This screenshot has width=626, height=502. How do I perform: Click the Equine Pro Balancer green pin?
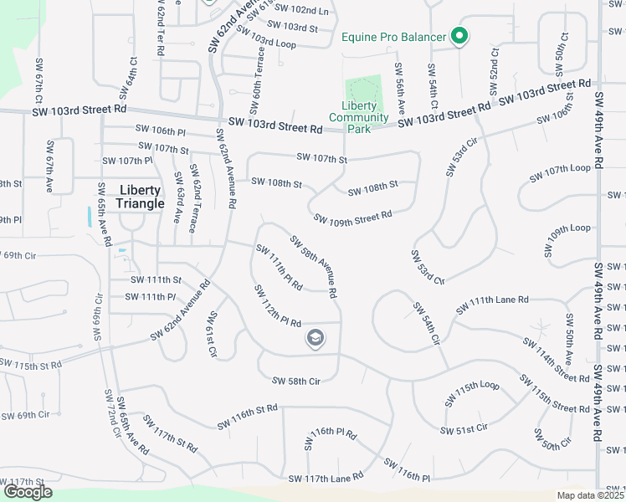coord(459,36)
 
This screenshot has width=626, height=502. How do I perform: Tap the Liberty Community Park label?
coord(365,112)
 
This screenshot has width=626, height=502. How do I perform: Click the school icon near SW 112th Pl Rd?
coord(316,338)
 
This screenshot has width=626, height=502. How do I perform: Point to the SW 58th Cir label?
coord(296,381)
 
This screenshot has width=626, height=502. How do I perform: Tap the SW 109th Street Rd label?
coord(353,218)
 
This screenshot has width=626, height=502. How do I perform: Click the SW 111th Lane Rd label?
coord(492,305)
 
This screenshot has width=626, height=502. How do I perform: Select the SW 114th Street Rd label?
coord(556,361)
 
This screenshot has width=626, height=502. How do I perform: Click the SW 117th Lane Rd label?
coord(326,477)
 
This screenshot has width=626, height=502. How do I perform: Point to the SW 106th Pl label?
coord(160,131)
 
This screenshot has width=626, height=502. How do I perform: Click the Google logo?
coord(28,493)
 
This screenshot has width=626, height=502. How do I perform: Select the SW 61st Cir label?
coord(212,335)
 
